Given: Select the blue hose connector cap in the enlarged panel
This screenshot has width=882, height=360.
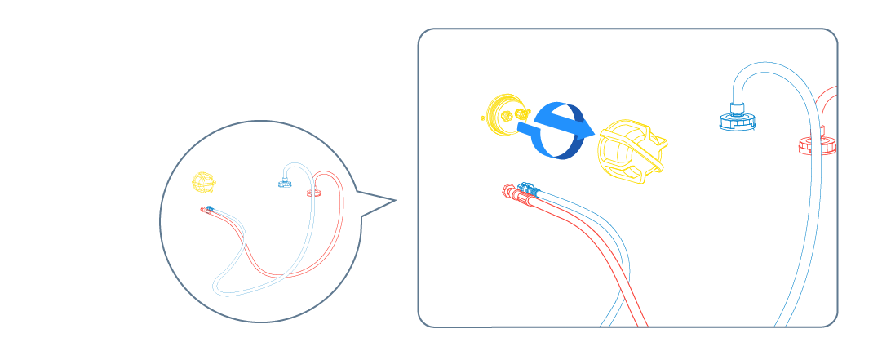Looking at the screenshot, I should pos(737,121).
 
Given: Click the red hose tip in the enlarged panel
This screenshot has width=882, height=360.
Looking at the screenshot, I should pos(512,193).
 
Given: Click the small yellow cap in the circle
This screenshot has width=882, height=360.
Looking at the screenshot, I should pos(202,181).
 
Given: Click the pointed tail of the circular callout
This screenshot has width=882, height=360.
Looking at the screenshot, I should pos(392,200).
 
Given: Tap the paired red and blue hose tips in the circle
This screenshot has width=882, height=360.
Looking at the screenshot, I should pos(207,209).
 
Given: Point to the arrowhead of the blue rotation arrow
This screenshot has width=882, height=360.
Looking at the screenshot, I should pos(581,127).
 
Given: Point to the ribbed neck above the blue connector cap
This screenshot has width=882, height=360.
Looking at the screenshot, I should pos(738,106).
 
